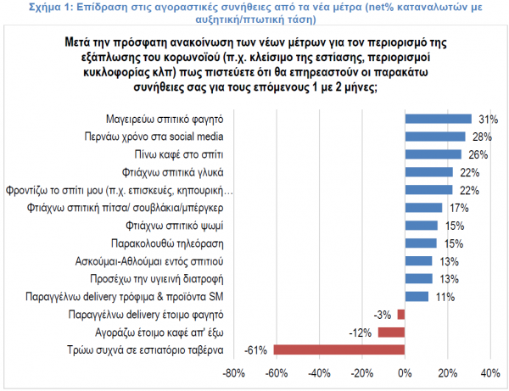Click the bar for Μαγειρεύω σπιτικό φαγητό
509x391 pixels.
click(438, 119)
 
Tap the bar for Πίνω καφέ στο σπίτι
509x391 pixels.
click(433, 154)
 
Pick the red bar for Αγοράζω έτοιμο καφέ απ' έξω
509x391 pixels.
click(391, 332)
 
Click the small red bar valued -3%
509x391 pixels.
click(401, 314)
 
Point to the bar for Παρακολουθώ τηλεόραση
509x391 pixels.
click(421, 243)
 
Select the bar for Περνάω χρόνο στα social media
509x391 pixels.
click(435, 137)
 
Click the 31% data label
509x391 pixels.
click(487, 119)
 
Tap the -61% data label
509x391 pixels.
click(256, 349)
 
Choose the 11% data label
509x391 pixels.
click(445, 296)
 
